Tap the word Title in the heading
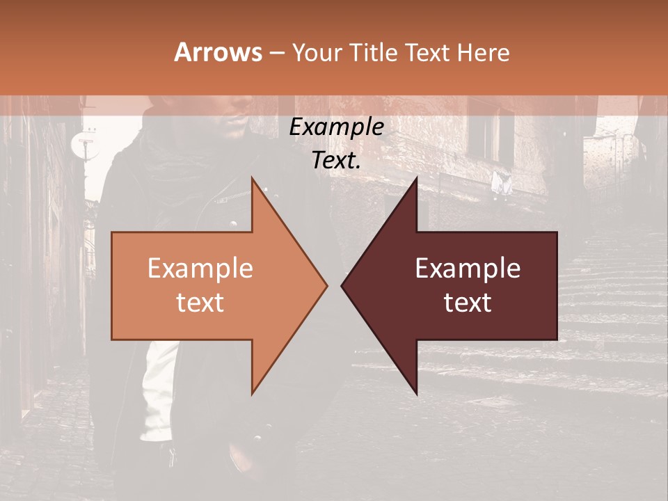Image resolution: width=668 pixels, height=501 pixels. (x=374, y=53)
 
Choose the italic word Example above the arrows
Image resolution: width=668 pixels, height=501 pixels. (x=337, y=128)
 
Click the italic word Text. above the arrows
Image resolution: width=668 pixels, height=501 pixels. (x=337, y=160)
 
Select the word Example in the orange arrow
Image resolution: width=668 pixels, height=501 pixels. (x=200, y=269)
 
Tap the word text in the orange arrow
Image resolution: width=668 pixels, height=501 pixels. (x=200, y=303)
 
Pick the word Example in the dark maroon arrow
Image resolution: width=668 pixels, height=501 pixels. (x=468, y=269)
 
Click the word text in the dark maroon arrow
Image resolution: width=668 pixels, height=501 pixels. (x=468, y=303)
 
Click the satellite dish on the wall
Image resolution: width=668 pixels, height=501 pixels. (x=83, y=143)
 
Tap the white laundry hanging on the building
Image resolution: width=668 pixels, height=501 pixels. (x=501, y=183)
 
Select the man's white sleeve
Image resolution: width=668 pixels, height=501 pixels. (x=159, y=390)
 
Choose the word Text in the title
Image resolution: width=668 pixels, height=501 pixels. (x=425, y=53)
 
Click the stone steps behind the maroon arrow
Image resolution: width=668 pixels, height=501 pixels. (x=605, y=292)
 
